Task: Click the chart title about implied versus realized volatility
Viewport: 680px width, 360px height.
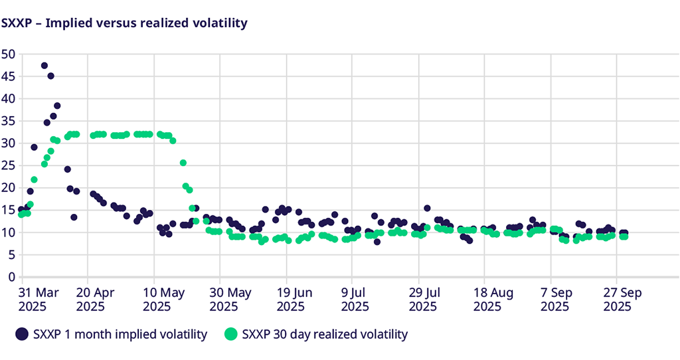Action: coord(124,23)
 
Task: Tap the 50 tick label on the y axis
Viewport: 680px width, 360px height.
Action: coord(8,54)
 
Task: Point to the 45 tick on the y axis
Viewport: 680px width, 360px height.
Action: coord(8,76)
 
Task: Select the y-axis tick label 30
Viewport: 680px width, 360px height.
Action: coord(8,143)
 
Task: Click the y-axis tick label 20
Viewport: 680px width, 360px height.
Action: coord(8,187)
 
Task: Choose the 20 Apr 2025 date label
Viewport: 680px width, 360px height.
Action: coord(97,299)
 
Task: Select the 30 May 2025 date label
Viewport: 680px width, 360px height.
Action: coord(229,299)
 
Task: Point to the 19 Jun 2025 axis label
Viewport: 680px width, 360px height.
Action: coord(295,299)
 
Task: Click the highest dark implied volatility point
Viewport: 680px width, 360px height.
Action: coord(44,66)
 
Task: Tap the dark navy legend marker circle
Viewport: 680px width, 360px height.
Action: coord(23,334)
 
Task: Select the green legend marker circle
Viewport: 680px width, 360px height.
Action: coord(230,334)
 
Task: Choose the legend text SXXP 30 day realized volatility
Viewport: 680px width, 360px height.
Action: coord(325,334)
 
